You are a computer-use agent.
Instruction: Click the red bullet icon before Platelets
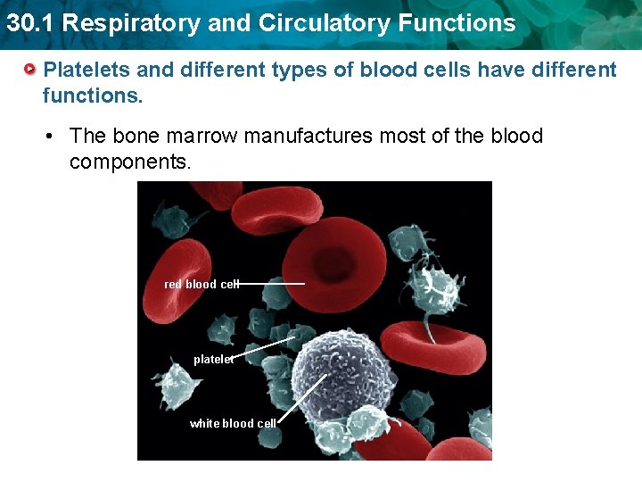click(x=30, y=69)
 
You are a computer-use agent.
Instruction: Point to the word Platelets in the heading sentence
click(x=82, y=70)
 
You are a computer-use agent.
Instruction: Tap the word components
click(x=130, y=162)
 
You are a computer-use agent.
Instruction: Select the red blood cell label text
click(x=202, y=284)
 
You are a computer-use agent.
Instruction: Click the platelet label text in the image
click(x=213, y=360)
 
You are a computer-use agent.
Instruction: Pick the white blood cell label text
click(x=233, y=423)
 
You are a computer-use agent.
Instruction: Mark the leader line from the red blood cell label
click(x=272, y=284)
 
